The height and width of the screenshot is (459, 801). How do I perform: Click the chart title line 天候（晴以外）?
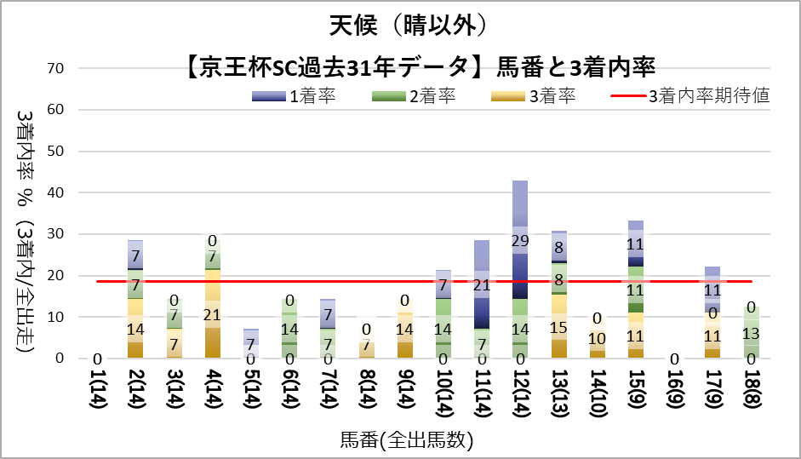400,26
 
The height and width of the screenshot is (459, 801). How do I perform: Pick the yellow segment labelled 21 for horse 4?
214,313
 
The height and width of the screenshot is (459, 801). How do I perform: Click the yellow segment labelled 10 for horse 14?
597,338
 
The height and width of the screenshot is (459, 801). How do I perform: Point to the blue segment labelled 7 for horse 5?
252,343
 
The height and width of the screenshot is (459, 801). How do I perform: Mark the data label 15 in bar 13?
558,327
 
